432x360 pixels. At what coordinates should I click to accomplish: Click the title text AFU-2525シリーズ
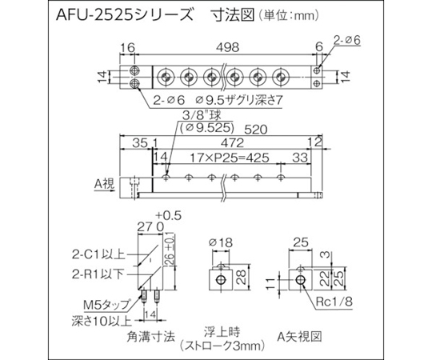click(x=124, y=15)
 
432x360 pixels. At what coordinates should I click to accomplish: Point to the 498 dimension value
click(x=227, y=48)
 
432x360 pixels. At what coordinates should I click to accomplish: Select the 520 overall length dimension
click(x=256, y=129)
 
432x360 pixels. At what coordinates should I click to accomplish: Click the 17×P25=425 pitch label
click(x=230, y=158)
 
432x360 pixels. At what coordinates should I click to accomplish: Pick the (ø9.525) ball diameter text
click(x=206, y=127)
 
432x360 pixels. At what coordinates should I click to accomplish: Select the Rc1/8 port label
click(x=334, y=302)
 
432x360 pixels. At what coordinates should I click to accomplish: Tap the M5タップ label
click(x=106, y=304)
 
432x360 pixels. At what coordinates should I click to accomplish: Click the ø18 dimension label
click(x=221, y=242)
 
